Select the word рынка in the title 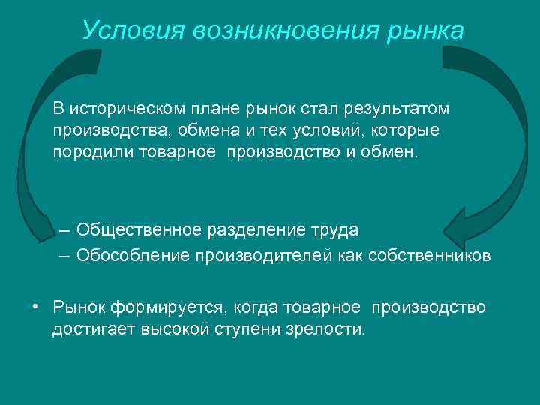pos(427,31)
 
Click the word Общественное pos(135,229)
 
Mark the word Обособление pos(133,256)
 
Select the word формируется pos(168,307)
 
